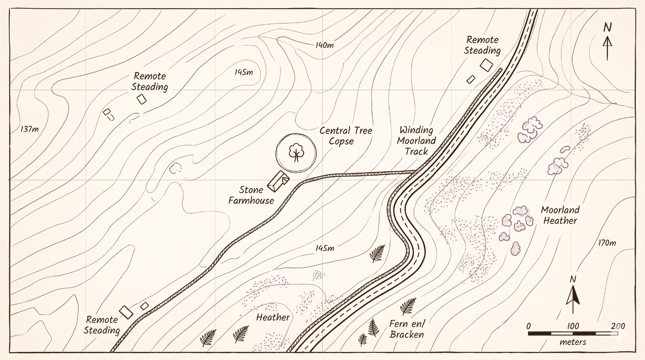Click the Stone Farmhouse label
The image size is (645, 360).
click(x=251, y=195)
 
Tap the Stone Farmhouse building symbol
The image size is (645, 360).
click(x=278, y=181)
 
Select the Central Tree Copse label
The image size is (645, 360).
click(x=346, y=136)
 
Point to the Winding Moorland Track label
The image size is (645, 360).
click(x=416, y=141)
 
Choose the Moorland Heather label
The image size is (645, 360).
click(x=560, y=215)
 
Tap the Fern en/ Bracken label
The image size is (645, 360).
click(x=407, y=329)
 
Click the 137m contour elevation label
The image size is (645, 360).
click(x=30, y=129)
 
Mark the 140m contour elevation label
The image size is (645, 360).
click(x=325, y=45)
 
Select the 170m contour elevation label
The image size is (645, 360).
click(x=607, y=242)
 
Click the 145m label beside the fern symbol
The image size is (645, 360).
click(x=325, y=248)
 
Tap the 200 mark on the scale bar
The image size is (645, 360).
click(x=618, y=326)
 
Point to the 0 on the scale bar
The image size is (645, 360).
click(x=529, y=326)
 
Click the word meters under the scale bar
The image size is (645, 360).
click(x=573, y=342)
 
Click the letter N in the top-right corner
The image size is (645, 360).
click(x=607, y=28)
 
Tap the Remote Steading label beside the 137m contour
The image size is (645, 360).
click(x=149, y=82)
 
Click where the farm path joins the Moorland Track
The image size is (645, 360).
click(x=417, y=172)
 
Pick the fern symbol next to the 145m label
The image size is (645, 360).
click(x=377, y=254)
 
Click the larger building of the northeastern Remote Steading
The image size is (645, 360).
click(x=486, y=65)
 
